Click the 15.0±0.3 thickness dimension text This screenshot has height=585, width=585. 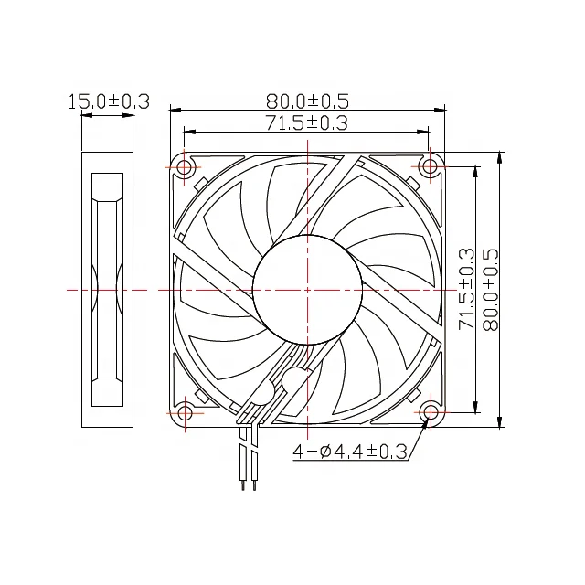point(108,101)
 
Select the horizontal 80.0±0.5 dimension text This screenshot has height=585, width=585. point(307,101)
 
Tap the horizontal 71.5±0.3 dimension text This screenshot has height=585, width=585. point(307,122)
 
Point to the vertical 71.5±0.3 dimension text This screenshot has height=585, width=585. point(466,289)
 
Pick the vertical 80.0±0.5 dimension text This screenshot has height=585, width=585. point(489,289)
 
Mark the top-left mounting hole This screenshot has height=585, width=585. point(185,167)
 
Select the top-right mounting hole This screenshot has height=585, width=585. point(430,167)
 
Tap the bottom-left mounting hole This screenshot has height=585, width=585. point(185,412)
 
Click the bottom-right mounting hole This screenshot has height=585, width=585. point(430,412)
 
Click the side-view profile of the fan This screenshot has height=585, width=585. point(108,289)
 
